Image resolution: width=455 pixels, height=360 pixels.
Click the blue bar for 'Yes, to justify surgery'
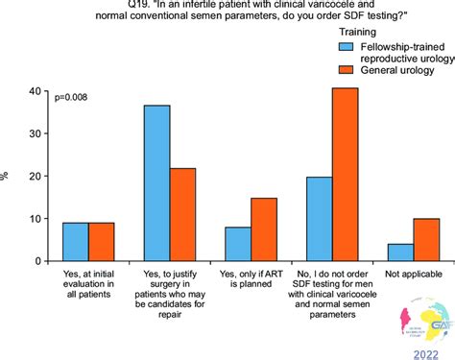click(x=156, y=182)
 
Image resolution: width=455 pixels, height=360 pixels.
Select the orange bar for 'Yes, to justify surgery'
click(x=183, y=214)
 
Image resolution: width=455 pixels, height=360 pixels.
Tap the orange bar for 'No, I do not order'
click(x=346, y=174)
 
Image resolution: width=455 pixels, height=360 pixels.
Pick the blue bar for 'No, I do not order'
click(x=319, y=219)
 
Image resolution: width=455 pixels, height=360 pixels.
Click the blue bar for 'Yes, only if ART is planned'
click(x=238, y=244)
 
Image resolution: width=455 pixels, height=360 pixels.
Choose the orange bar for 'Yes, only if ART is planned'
click(x=265, y=229)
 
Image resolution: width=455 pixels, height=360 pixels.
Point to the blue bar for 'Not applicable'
click(x=400, y=252)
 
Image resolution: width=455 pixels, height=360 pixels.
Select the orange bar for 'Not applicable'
click(x=426, y=239)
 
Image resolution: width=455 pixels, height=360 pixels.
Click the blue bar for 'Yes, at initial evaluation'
click(x=75, y=241)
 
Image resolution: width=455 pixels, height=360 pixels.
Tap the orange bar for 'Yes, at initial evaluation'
click(x=102, y=241)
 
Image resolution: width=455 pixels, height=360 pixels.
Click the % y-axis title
click(x=8, y=177)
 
